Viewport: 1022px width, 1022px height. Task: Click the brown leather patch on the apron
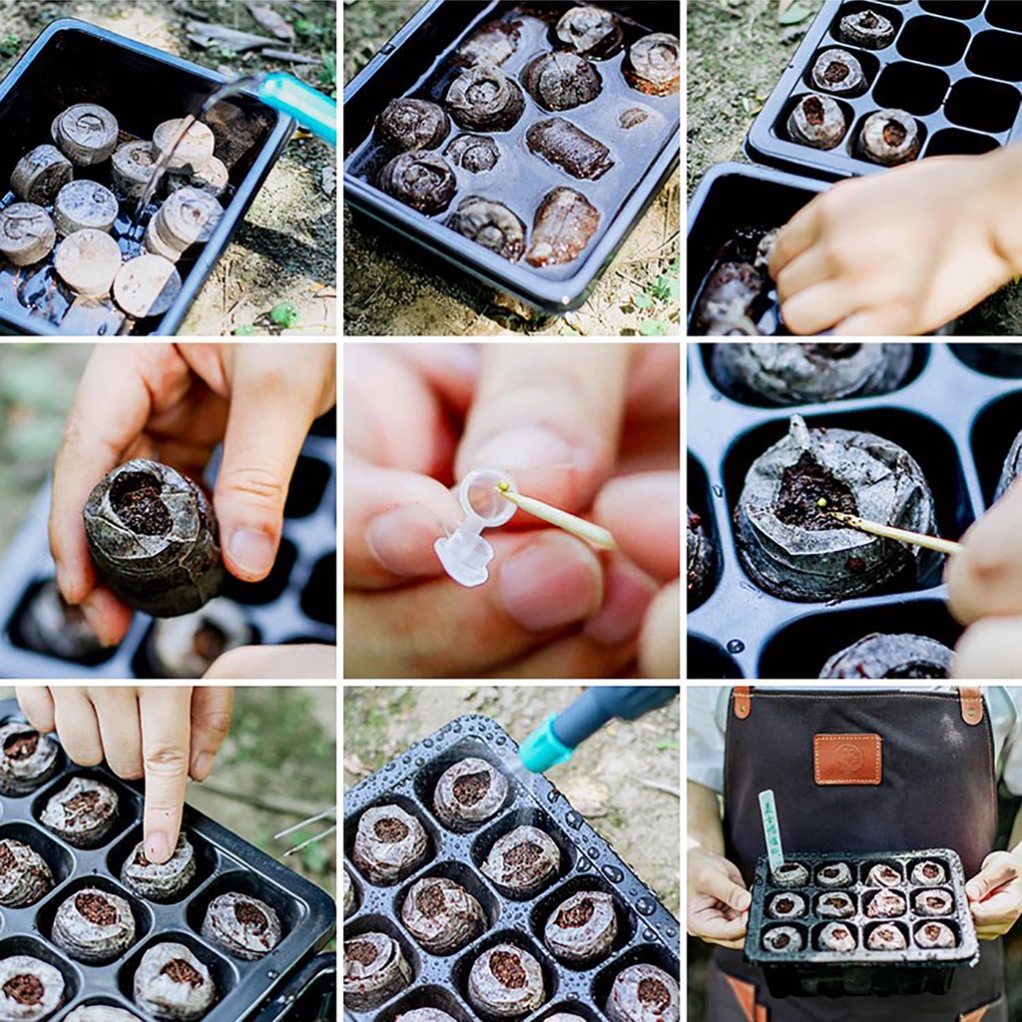pyautogui.click(x=846, y=759)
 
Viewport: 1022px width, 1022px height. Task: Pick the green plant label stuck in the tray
pyautogui.click(x=771, y=827)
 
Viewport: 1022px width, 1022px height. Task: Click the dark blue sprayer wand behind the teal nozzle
pyautogui.click(x=619, y=710)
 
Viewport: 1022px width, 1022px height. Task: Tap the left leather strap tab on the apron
pyautogui.click(x=742, y=703)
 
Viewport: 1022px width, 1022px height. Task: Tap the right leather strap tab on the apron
pyautogui.click(x=969, y=704)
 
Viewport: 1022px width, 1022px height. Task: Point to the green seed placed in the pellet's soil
pyautogui.click(x=824, y=504)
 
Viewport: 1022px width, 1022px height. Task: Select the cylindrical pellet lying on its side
pyautogui.click(x=569, y=148)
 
